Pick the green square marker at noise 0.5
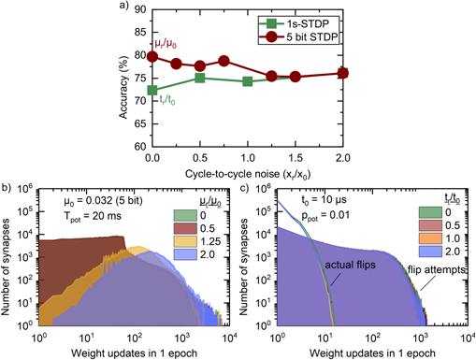[200, 78]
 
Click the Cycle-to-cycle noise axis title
[247, 172]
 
